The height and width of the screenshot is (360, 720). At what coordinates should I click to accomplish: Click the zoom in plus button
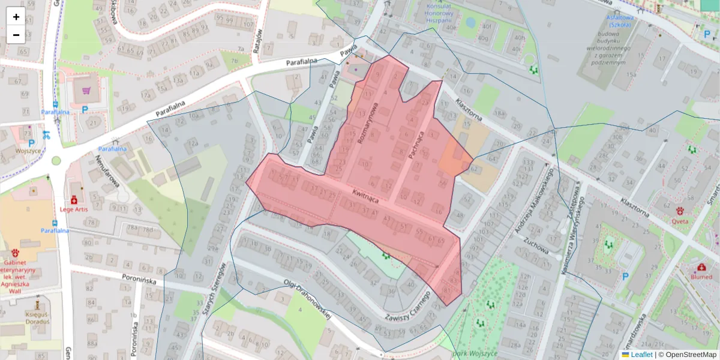(16, 17)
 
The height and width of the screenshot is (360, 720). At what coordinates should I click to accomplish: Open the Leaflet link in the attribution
(641, 355)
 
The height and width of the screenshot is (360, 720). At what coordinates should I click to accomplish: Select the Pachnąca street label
(416, 145)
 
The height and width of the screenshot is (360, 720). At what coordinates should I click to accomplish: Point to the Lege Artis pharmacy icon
(74, 200)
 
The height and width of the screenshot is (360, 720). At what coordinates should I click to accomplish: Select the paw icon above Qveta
(680, 211)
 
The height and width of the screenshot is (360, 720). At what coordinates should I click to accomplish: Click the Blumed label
(701, 277)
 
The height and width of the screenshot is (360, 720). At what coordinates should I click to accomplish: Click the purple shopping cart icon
(86, 91)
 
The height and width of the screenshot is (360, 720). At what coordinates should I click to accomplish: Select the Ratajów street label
(259, 41)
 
